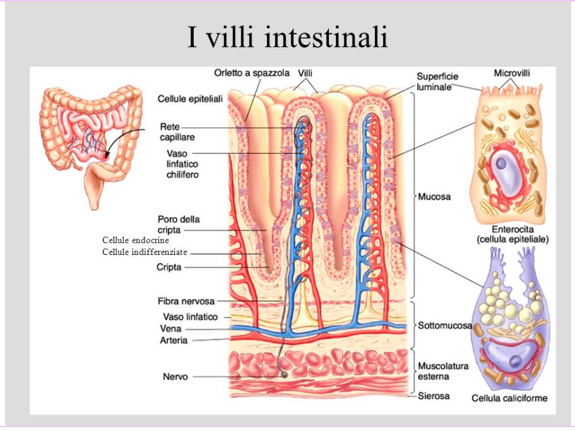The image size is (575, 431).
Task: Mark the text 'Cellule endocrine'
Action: [x=136, y=240]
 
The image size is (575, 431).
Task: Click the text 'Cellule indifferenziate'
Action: [x=145, y=252]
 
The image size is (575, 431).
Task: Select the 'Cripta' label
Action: [x=169, y=268]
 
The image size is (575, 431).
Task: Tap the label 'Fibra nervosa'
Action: [x=186, y=301]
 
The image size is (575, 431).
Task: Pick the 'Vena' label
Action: [x=171, y=329]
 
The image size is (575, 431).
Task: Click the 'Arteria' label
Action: [x=174, y=341]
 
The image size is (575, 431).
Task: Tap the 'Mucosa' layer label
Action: [x=434, y=197]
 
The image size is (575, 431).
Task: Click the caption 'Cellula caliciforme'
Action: [x=509, y=398]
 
